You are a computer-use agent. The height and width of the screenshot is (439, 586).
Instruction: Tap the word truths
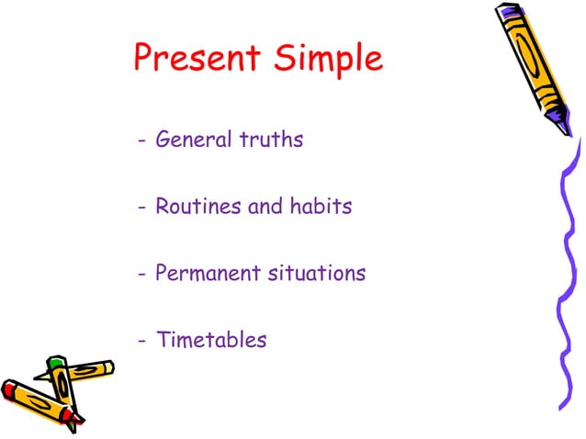(x=271, y=141)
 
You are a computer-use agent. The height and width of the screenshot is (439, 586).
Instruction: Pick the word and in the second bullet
(x=265, y=207)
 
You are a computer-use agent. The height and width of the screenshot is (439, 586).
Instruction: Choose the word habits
(x=321, y=207)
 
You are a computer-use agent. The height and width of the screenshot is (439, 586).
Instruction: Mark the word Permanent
(x=203, y=274)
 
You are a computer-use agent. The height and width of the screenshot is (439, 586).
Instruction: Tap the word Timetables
(x=211, y=340)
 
